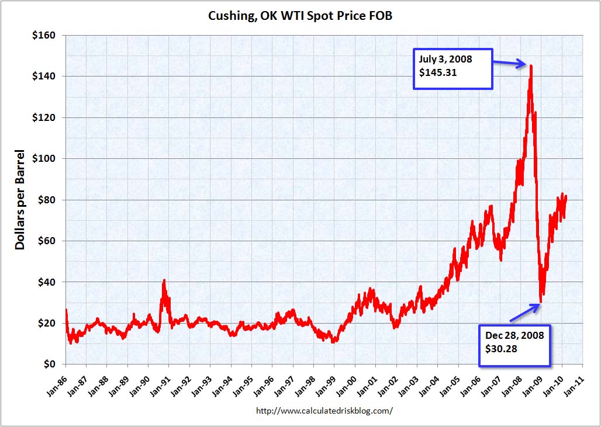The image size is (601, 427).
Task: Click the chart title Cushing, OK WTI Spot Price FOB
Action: pyautogui.click(x=300, y=16)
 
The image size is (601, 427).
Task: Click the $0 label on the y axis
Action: pyautogui.click(x=49, y=364)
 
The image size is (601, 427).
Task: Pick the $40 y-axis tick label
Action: pyautogui.click(x=45, y=282)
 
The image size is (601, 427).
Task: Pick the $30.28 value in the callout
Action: pyautogui.click(x=501, y=349)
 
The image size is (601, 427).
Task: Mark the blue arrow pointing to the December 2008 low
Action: pyautogui.click(x=524, y=313)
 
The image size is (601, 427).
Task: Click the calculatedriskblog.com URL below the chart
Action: pyautogui.click(x=324, y=411)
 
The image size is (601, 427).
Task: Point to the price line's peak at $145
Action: pyautogui.click(x=531, y=65)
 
